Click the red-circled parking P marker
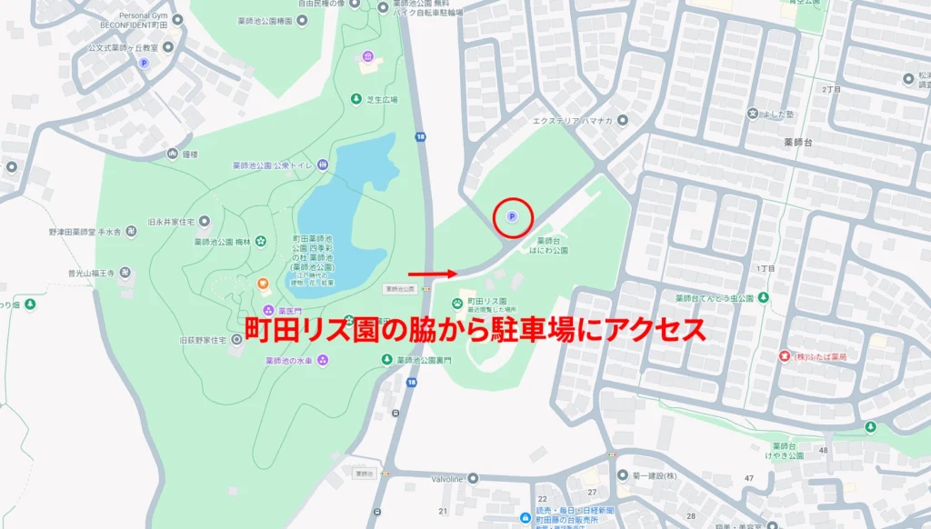pyautogui.click(x=511, y=216)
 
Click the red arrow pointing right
pyautogui.click(x=433, y=273)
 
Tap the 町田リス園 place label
pyautogui.click(x=486, y=301)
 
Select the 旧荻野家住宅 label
pyautogui.click(x=202, y=339)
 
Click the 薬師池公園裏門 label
pyautogui.click(x=427, y=360)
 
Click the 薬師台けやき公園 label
pyautogui.click(x=784, y=452)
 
